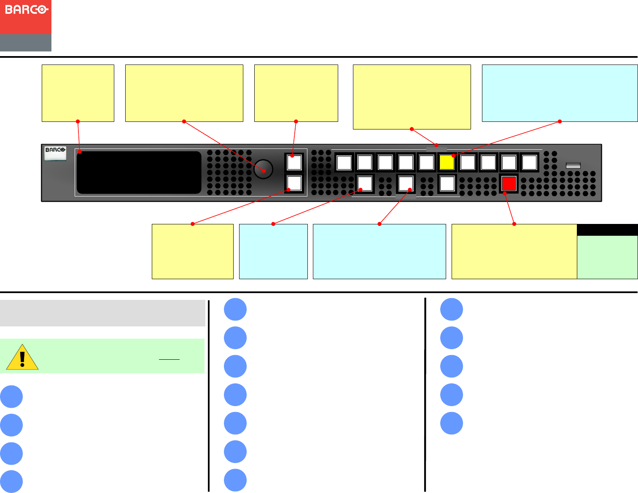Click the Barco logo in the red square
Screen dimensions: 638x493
[26, 9]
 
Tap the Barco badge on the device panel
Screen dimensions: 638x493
[55, 153]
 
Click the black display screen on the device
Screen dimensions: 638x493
[139, 172]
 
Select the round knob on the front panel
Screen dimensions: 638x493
[264, 169]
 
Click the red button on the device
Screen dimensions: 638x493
[509, 183]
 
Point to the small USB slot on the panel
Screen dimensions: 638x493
[573, 165]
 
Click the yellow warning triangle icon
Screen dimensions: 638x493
[22, 357]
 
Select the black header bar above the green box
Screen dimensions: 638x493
[607, 230]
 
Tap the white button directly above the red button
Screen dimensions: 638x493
[509, 162]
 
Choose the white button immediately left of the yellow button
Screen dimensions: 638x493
[426, 162]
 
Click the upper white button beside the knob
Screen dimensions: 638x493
[294, 162]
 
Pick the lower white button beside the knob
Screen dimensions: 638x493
[294, 183]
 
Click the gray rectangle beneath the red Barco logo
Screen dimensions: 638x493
[26, 43]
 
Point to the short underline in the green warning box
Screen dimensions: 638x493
[169, 359]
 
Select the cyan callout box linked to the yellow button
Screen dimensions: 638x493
[560, 93]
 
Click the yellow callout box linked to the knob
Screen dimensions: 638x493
[184, 93]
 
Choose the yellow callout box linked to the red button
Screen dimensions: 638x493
[514, 251]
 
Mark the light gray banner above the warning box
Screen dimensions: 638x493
[102, 313]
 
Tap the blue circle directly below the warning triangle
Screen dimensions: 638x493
[11, 396]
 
